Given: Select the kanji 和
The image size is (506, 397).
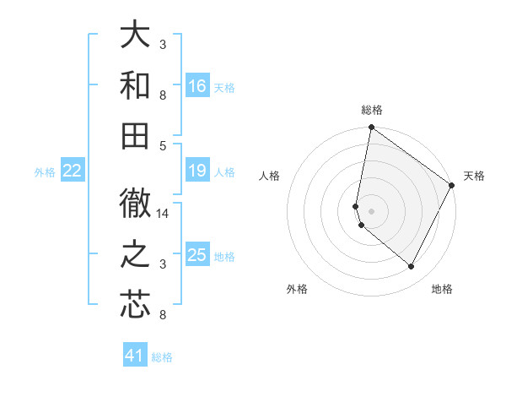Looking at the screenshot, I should click(x=136, y=84).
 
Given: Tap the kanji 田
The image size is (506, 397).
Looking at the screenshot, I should click(x=136, y=135).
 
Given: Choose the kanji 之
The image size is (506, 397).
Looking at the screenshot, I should click(x=136, y=255).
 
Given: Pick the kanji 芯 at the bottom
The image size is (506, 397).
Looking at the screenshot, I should click(x=136, y=306).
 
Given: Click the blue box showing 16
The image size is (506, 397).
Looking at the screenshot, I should click(x=197, y=86).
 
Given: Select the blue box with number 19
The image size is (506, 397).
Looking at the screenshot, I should click(x=197, y=171).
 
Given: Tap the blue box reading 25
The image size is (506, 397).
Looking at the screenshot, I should click(x=197, y=256).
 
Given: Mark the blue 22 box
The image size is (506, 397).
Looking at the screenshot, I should click(x=73, y=171).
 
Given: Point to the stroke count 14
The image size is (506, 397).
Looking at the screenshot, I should click(x=164, y=214).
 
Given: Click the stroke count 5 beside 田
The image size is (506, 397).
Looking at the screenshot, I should click(x=163, y=145).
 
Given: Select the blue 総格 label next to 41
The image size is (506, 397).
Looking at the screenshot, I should click(x=162, y=357).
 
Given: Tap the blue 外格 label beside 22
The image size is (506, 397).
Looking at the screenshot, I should click(x=45, y=172).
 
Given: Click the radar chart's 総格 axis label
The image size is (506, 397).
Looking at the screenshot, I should click(x=372, y=110).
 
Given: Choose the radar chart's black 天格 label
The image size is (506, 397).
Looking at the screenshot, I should click(x=474, y=176).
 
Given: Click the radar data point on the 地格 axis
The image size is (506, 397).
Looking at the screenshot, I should click(x=412, y=267).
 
